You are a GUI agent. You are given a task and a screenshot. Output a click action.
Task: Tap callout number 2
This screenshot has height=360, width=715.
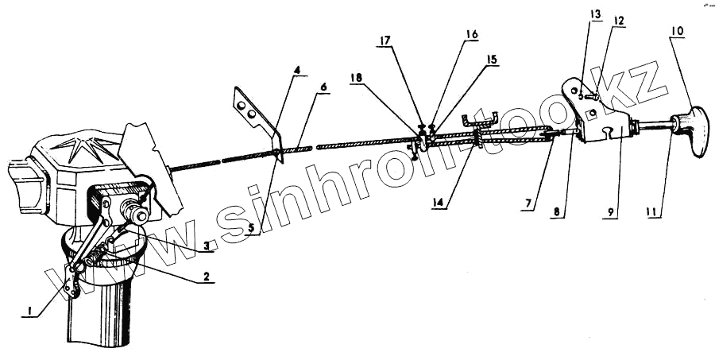206,277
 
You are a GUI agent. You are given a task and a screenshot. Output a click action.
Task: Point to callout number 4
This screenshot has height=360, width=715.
297,71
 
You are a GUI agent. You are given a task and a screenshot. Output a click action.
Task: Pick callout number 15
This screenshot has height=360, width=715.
493,60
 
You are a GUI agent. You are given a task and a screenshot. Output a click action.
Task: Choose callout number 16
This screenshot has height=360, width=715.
472,35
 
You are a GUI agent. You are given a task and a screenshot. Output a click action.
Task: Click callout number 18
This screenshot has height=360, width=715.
357,78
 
